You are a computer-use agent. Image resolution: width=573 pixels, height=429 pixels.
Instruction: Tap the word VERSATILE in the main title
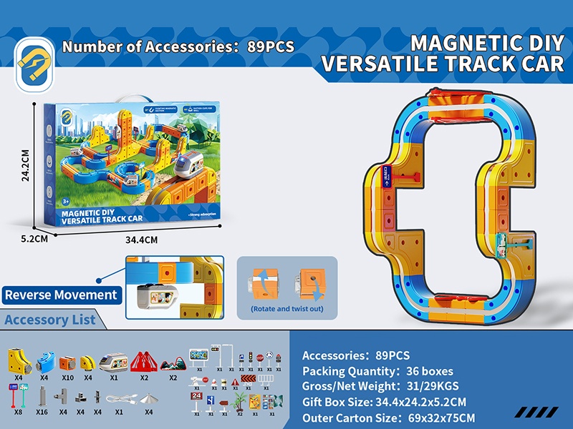387,64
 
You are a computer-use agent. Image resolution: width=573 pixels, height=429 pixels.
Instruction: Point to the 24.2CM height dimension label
25,166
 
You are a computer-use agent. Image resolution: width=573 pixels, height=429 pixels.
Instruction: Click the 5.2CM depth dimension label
33,239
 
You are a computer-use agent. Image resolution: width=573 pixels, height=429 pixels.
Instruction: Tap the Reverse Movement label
61,295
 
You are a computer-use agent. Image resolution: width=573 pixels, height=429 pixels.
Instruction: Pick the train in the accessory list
114,359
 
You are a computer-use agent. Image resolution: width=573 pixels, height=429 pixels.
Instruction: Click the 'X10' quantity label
68,377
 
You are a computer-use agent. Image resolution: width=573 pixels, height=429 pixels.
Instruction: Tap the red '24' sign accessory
197,398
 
